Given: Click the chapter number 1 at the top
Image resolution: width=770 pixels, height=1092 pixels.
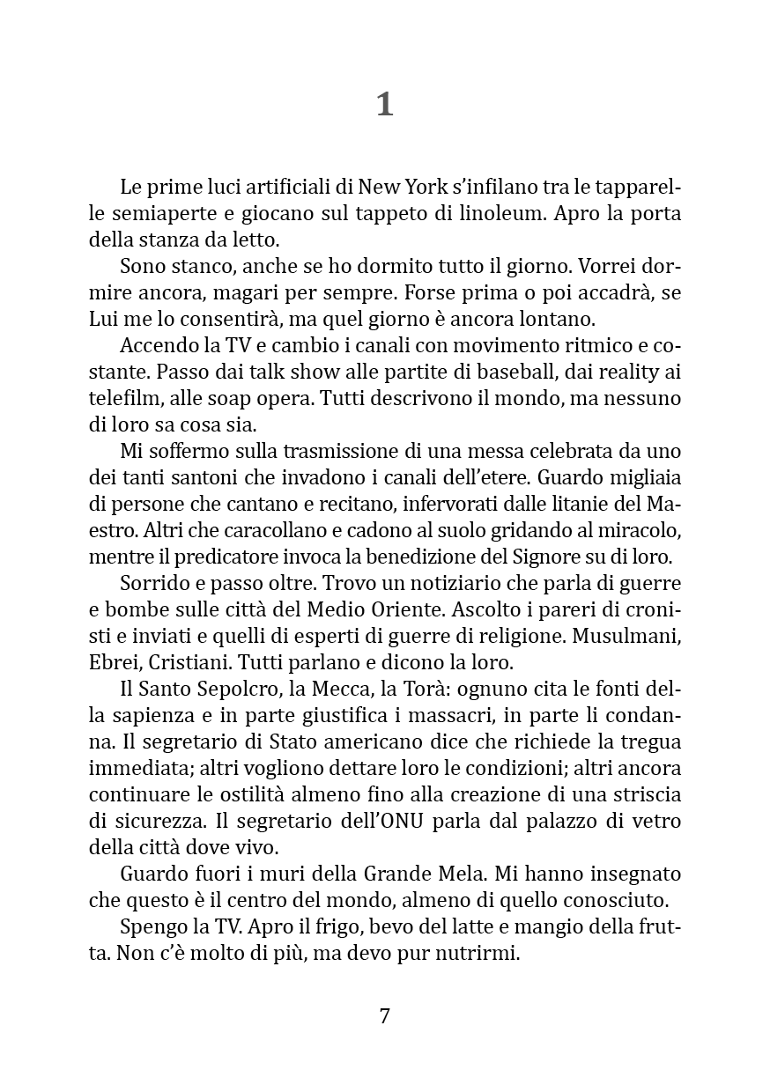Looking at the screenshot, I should point(384,105).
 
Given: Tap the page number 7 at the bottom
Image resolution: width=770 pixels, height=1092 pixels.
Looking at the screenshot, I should point(384,1015).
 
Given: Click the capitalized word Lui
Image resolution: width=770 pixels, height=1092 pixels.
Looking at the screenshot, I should point(104,318).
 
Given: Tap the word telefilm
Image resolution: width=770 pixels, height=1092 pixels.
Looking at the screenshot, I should point(122,398).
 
